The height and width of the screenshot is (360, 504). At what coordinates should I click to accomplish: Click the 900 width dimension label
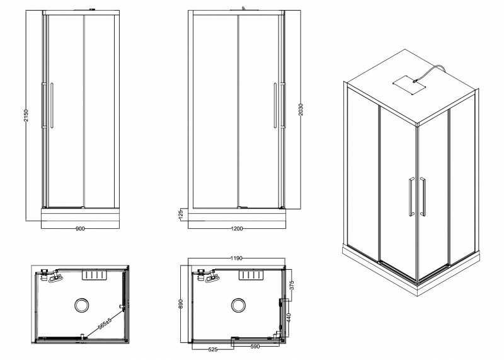click(x=80, y=228)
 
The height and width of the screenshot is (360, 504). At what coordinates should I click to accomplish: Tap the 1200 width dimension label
click(x=238, y=228)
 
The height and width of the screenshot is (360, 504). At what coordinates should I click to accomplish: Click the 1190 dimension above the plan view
click(x=237, y=258)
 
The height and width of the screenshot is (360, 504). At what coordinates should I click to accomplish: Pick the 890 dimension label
click(x=181, y=304)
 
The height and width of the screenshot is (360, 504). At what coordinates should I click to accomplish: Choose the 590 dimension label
click(x=255, y=346)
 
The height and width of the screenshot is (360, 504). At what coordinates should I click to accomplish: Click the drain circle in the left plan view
click(x=82, y=306)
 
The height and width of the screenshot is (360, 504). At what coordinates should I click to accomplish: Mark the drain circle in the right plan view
click(x=239, y=306)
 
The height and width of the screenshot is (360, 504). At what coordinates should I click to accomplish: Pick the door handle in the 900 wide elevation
click(x=52, y=106)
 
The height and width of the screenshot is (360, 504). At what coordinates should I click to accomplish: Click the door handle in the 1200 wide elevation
click(x=275, y=106)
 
